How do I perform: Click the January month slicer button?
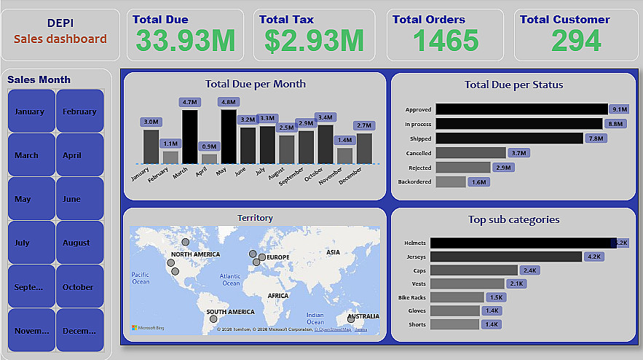(x=31, y=111)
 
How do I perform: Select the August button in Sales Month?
(x=79, y=243)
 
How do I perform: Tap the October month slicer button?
(x=79, y=286)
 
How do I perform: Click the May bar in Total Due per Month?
(x=228, y=136)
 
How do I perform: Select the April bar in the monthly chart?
(x=209, y=158)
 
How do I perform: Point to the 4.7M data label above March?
(x=190, y=102)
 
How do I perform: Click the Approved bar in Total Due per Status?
(x=521, y=109)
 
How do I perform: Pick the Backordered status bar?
(x=451, y=181)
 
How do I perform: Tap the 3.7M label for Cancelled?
(x=519, y=153)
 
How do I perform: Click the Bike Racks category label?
(x=414, y=297)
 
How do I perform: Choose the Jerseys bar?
(x=505, y=257)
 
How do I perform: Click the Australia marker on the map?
(x=351, y=318)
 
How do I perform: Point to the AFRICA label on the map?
(x=278, y=296)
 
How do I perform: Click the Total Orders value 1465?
(x=446, y=42)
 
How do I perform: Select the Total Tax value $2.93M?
(x=314, y=42)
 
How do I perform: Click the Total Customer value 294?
(x=575, y=42)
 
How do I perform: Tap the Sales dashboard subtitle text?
(x=60, y=39)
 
